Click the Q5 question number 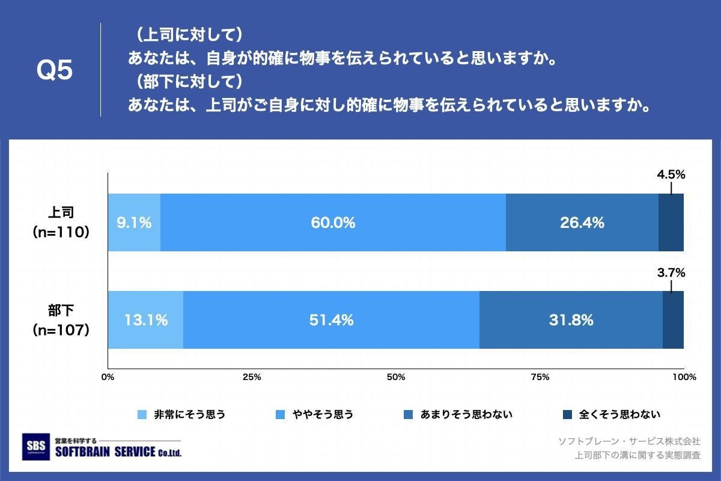pos(55,71)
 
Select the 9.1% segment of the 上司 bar pos(134,222)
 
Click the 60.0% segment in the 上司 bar pos(333,222)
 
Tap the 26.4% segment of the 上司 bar pos(582,222)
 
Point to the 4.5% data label pos(671,175)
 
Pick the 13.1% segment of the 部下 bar pos(145,320)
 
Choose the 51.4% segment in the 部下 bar pos(331,320)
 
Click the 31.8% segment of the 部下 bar pos(571,320)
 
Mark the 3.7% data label pos(671,273)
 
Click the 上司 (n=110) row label pos(61,222)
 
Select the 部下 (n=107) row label pos(61,320)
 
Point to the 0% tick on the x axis pos(108,378)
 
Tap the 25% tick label pos(252,378)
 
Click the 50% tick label pos(396,378)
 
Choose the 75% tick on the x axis pos(540,378)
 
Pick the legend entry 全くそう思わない pos(619,414)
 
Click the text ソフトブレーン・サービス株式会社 pos(629,441)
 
